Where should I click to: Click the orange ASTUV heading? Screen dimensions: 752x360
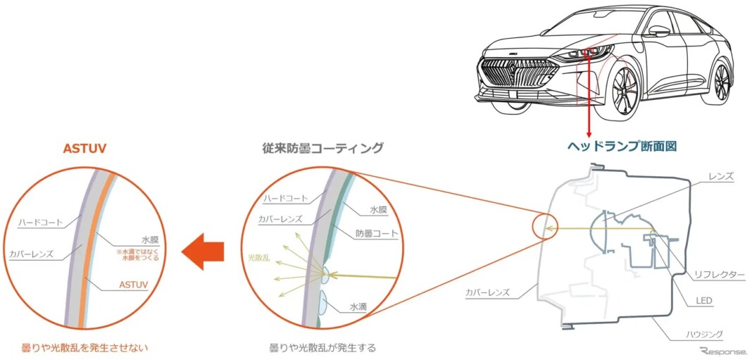click(x=84, y=149)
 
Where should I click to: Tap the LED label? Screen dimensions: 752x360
click(x=703, y=301)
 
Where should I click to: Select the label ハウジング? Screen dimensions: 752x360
click(x=705, y=334)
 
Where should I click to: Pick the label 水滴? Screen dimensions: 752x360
click(x=358, y=306)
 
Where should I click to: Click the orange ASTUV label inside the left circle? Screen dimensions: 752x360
click(x=133, y=285)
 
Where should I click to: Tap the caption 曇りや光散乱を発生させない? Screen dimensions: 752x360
click(x=84, y=347)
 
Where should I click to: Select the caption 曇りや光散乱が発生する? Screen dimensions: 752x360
click(x=323, y=347)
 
